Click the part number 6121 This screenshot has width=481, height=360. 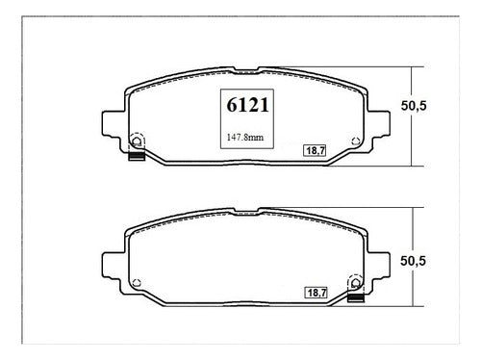point(247,105)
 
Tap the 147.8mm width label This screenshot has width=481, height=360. point(245,138)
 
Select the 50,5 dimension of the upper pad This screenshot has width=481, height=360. point(414,106)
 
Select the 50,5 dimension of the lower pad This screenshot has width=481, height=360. point(413,261)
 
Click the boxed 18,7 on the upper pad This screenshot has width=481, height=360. point(316,150)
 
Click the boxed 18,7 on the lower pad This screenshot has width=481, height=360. point(316,293)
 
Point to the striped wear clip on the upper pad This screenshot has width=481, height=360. point(137,156)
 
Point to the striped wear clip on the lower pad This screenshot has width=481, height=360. point(356,298)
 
